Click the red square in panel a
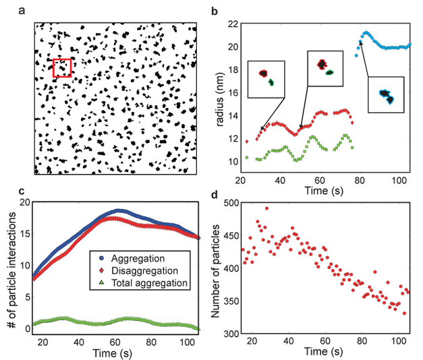click(x=62, y=67)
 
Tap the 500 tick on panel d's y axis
click(x=242, y=203)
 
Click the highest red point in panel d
click(x=266, y=208)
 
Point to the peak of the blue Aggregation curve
click(x=119, y=210)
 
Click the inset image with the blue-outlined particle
click(x=385, y=94)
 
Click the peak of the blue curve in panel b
click(x=366, y=32)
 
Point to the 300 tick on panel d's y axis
click(x=242, y=333)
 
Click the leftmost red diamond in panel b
click(x=248, y=142)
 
